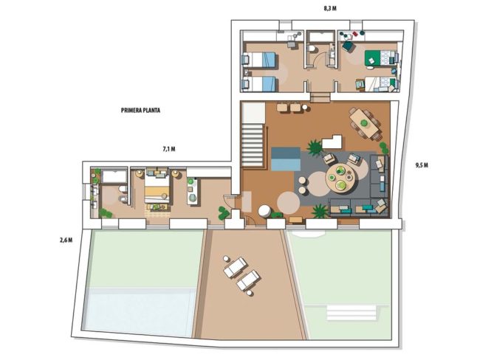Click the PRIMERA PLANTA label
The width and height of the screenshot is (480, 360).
(140, 111)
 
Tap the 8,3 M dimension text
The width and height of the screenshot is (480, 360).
(330, 9)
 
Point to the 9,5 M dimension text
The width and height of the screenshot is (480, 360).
(422, 165)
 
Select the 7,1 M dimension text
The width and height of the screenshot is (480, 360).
(169, 149)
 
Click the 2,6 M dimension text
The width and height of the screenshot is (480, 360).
(66, 240)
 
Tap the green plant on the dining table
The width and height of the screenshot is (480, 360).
(363, 123)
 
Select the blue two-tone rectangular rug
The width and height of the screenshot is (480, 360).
(286, 159)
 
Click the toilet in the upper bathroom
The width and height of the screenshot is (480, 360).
(312, 49)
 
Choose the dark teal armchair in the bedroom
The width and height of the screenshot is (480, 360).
(349, 46)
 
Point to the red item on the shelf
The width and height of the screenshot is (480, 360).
(355, 33)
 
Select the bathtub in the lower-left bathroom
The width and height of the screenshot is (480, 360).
(114, 176)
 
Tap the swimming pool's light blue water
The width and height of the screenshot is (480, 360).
(140, 311)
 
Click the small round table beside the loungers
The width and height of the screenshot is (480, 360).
(226, 259)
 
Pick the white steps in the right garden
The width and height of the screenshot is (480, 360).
(352, 312)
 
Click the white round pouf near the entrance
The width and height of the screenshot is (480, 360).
(264, 211)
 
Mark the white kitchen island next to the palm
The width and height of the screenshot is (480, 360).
(332, 142)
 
